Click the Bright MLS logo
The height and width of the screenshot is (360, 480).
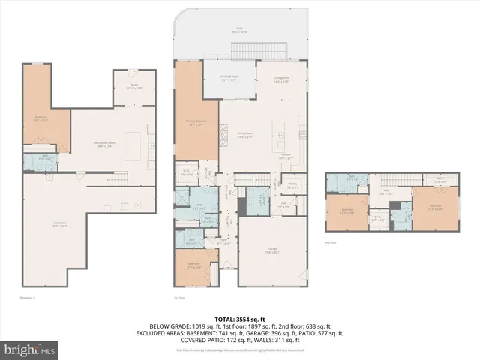tap(30, 349)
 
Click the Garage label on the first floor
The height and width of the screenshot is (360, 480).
tap(274, 250)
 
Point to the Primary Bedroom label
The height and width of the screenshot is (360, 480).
tap(196, 123)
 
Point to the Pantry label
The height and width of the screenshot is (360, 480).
tap(293, 184)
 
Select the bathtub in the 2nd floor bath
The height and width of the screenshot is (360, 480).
tap(352, 180)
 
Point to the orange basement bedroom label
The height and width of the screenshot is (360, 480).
tap(41, 118)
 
